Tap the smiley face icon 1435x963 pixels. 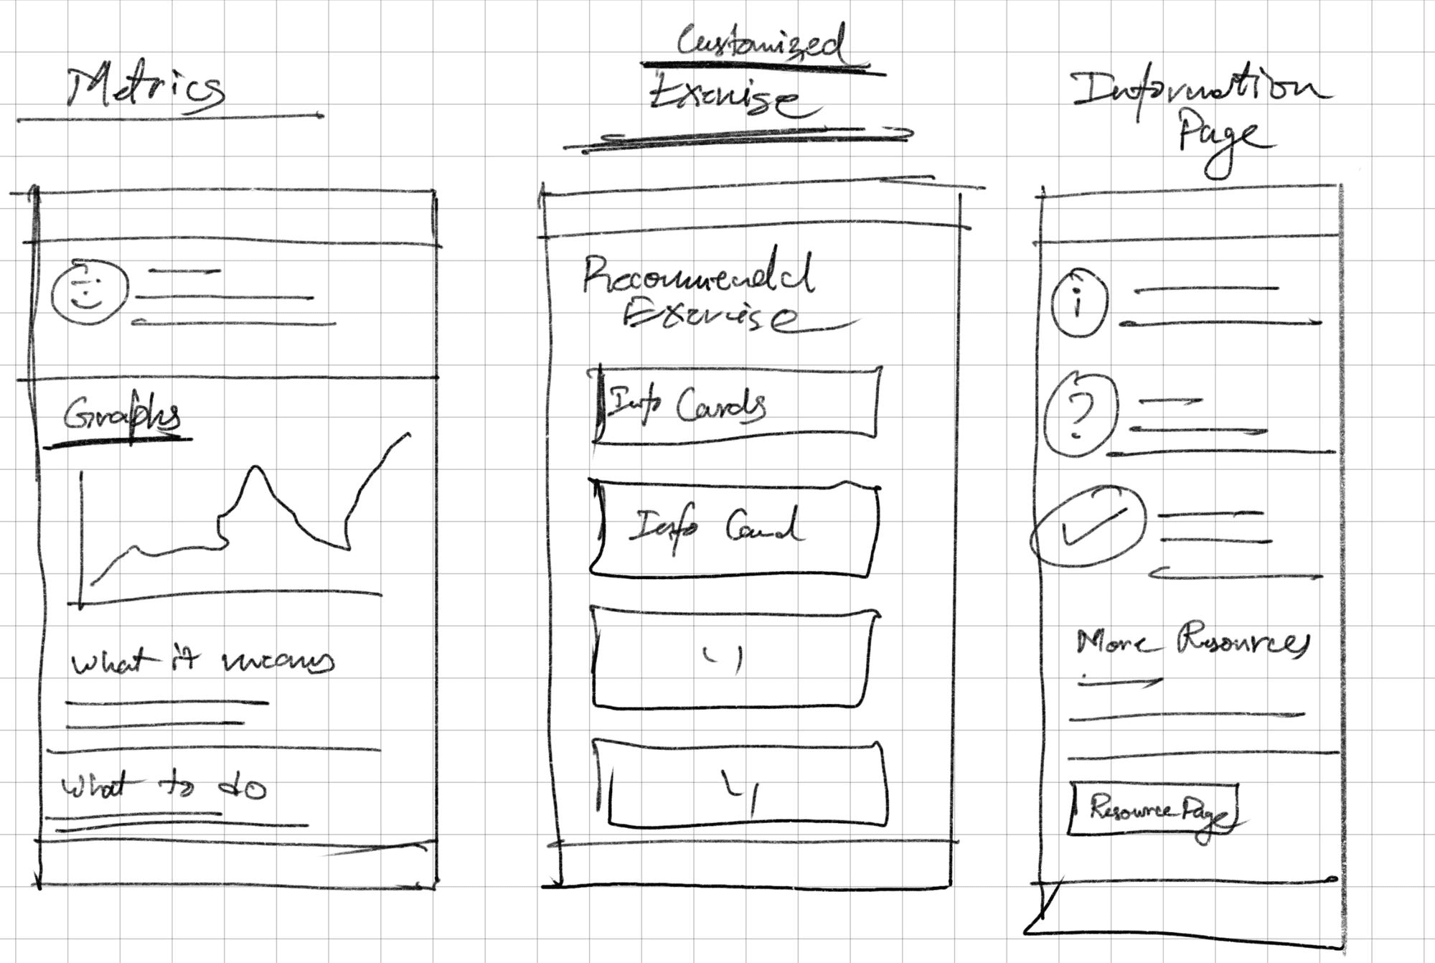point(89,293)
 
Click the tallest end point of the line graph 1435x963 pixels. point(408,435)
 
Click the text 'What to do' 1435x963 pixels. point(164,788)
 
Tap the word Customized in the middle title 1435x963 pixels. point(761,43)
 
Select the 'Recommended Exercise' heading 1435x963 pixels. point(700,294)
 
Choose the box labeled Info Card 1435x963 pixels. point(735,529)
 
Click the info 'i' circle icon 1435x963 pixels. point(1078,303)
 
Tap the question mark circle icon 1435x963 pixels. point(1080,415)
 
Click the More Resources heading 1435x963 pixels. point(1191,641)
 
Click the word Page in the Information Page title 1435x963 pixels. point(1220,140)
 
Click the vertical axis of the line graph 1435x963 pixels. point(82,538)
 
